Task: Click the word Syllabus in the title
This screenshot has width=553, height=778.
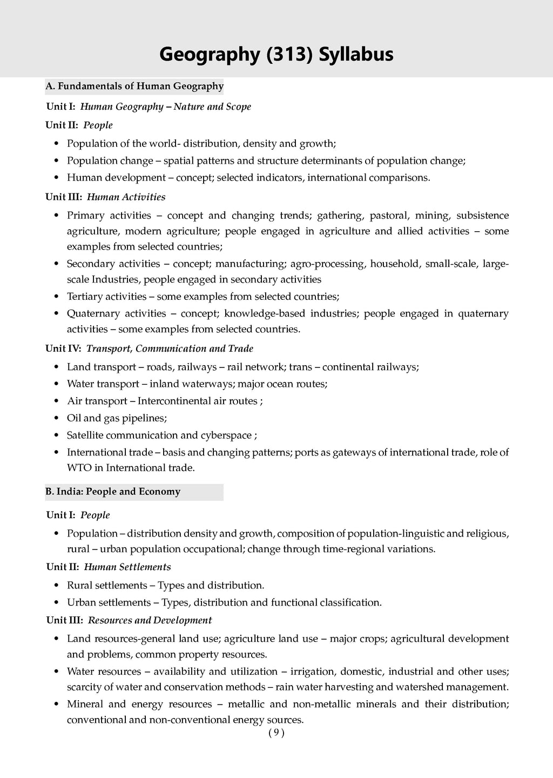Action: point(356,55)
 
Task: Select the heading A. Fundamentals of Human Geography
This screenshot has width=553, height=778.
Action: point(134,86)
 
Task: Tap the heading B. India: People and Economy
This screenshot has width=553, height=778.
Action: point(113,492)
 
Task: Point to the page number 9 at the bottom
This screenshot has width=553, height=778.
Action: point(276,733)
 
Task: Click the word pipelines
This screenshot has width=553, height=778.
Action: point(144,418)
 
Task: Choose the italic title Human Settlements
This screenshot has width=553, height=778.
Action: point(127,567)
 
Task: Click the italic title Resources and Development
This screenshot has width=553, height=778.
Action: point(150,620)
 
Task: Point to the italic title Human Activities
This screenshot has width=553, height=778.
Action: point(126,197)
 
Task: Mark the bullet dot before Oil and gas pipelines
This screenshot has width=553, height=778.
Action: point(57,419)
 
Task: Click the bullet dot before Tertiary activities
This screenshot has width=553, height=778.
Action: point(57,297)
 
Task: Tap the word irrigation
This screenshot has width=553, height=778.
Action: point(314,672)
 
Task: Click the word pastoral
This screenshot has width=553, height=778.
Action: point(389,216)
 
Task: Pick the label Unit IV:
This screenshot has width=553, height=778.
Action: point(63,348)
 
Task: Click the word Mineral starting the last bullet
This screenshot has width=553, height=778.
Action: point(85,704)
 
